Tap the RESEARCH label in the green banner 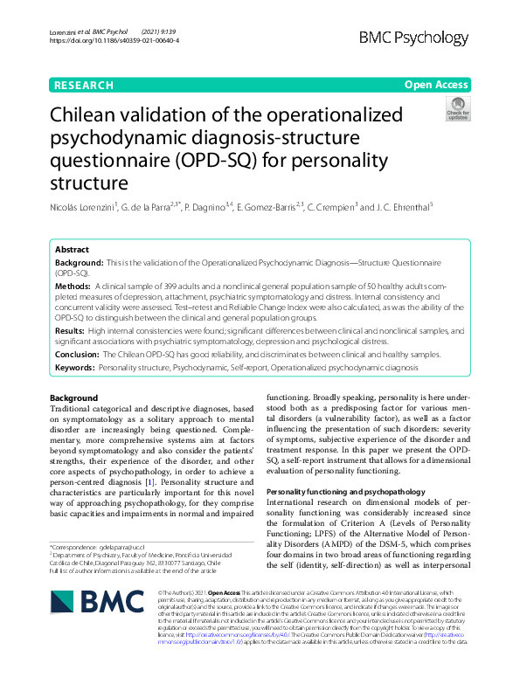84,86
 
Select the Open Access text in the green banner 436,86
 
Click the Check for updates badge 457,110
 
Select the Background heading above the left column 74,398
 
